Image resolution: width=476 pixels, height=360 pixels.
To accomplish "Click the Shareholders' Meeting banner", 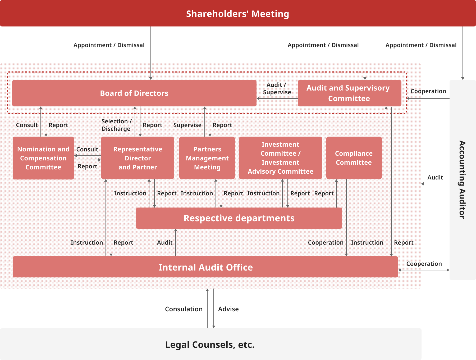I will coord(237,13).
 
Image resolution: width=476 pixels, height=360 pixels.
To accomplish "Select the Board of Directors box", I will coord(134,93).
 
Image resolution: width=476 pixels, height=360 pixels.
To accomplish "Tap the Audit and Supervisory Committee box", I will coord(349,93).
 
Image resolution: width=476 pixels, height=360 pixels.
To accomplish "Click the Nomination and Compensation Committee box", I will coord(43,158).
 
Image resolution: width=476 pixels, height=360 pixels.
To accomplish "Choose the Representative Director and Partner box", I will coord(138,158).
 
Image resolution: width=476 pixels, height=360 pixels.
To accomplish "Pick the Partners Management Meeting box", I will coord(207,158).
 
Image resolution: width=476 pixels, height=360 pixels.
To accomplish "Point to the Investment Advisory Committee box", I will coord(280,158).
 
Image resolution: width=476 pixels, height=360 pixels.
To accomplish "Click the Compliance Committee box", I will coord(354,158).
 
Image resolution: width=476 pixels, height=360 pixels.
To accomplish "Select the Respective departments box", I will coord(239,218).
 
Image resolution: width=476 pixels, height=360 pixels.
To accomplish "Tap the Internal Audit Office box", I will coord(205,267).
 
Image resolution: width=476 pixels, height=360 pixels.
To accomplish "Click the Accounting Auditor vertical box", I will coord(462,180).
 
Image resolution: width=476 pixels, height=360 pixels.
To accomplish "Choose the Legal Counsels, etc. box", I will coord(210,344).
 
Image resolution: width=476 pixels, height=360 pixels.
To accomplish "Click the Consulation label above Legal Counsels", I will coord(184,309).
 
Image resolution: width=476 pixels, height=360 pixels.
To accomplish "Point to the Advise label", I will coord(228,309).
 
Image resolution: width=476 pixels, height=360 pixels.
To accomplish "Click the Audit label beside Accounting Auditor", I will coord(435,177).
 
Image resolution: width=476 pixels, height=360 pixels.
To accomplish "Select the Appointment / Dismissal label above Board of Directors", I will coord(109,45).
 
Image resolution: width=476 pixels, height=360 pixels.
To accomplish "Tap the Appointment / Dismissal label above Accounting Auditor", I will coord(421,45).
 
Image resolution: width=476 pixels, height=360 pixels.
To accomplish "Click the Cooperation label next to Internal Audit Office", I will coord(424,264).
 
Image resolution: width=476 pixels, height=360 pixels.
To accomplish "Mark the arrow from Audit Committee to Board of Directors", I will coord(277,98).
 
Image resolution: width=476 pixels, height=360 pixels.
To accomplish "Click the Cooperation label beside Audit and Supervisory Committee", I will coord(428,91).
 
